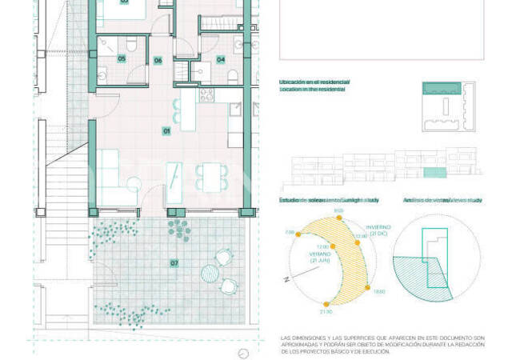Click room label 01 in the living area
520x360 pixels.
pos(167,130)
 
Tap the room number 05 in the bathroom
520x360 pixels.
pos(122,58)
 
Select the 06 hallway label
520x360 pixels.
pos(158,60)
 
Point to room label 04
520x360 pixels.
pos(220,59)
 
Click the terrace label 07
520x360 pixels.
pos(174,263)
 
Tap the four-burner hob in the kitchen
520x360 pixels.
pos(206,95)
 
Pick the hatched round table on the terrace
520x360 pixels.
pos(210,273)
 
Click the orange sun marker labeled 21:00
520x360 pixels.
pos(326,304)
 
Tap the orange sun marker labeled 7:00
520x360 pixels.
pos(299,235)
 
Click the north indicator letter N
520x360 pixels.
pos(284,280)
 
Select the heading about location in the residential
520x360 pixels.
pos(313,86)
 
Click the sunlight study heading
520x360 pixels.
pos(328,199)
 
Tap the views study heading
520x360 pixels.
pos(442,199)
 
